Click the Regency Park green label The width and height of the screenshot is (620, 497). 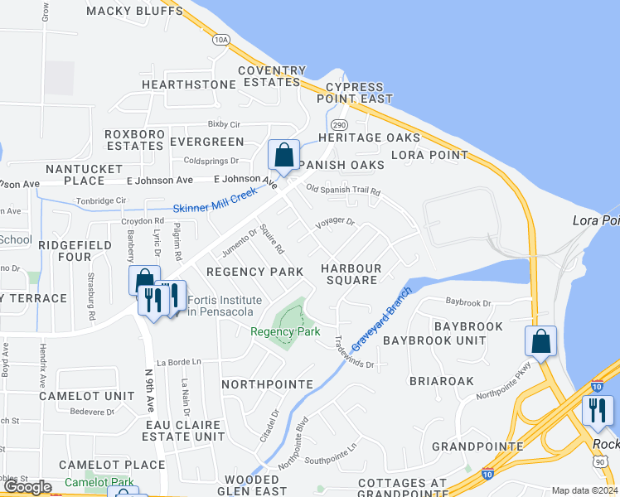click(x=285, y=331)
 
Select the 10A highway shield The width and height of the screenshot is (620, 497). click(x=220, y=39)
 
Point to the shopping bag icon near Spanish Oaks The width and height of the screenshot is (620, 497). click(x=283, y=155)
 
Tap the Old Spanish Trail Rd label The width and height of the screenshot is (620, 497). click(x=343, y=191)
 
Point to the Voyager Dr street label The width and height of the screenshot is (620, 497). click(x=335, y=223)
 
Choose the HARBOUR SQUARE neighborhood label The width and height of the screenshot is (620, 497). click(x=351, y=275)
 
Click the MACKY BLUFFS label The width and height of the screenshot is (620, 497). click(x=134, y=11)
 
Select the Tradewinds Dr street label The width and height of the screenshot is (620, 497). click(x=355, y=352)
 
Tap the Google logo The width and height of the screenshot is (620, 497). click(x=27, y=487)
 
